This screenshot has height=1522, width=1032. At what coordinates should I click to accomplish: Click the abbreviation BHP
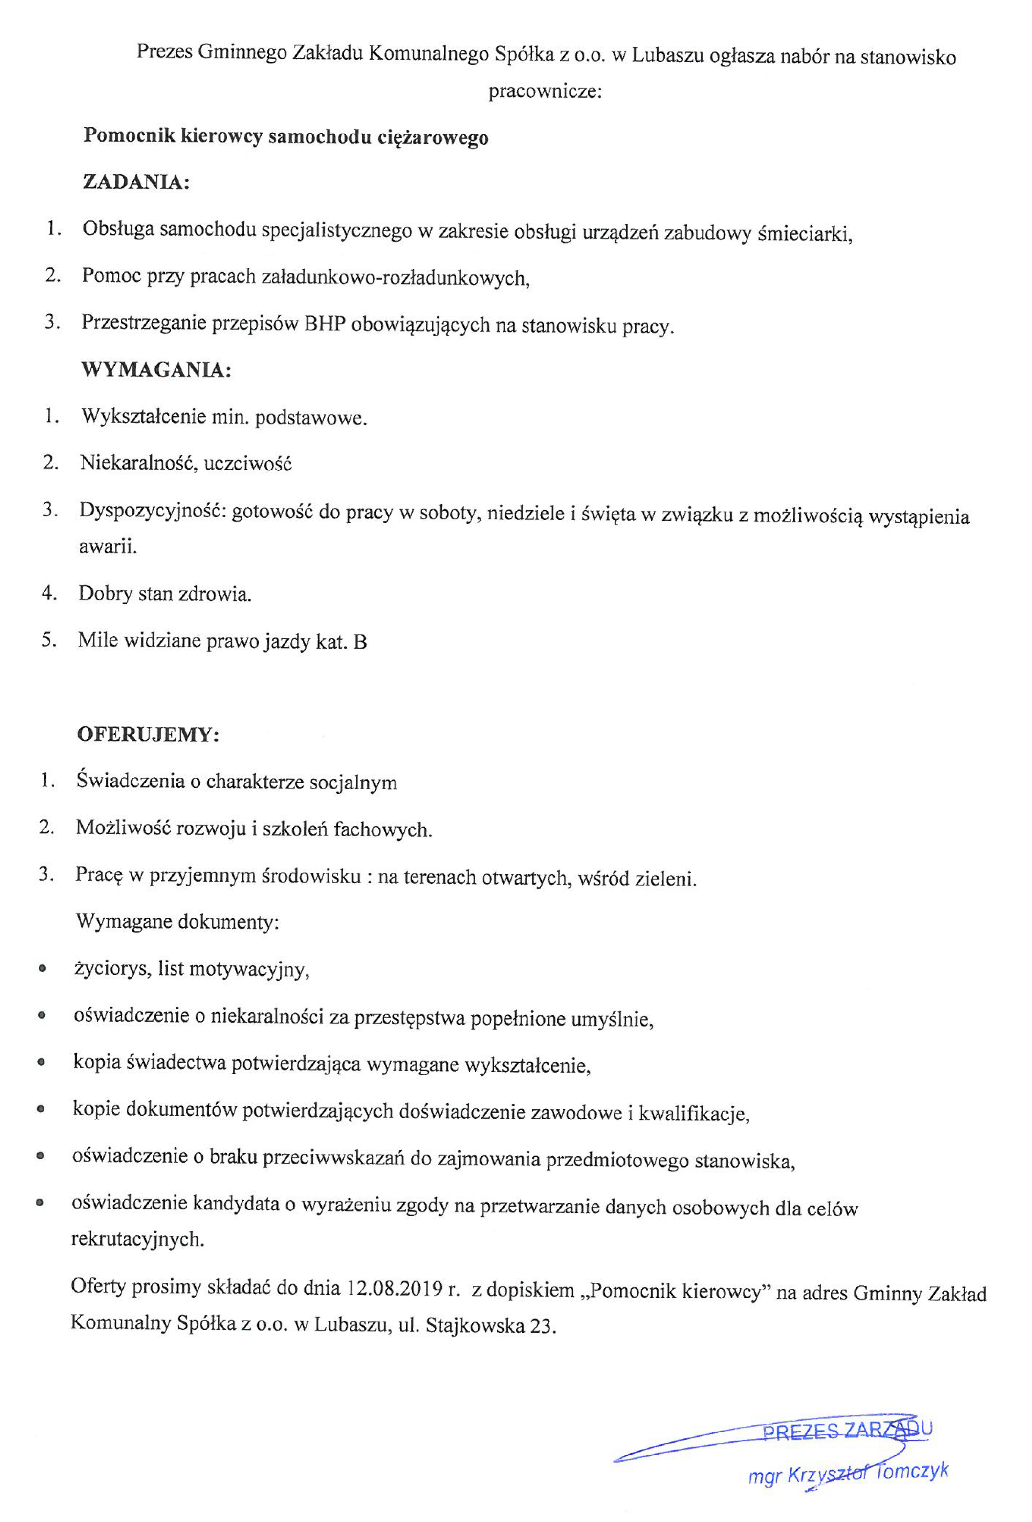point(324,324)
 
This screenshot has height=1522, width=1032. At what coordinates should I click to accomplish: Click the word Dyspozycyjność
point(152,511)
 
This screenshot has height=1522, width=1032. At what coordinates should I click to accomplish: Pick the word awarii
point(108,546)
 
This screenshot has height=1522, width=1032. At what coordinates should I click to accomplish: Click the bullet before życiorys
point(42,969)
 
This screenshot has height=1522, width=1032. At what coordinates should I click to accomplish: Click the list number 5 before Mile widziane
point(48,640)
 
